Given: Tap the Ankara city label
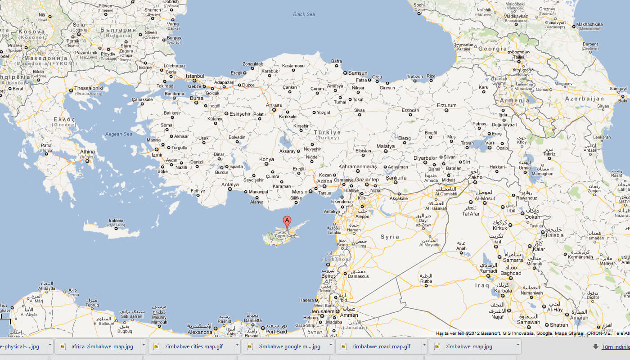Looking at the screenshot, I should (274, 105).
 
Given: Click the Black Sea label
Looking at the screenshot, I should (304, 14).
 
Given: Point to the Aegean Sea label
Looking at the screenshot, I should (118, 134).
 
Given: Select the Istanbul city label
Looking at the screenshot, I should (195, 76).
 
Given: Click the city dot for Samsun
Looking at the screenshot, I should (345, 72).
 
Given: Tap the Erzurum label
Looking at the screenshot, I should (446, 105).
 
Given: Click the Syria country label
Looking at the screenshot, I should (390, 237).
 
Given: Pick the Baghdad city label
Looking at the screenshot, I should (511, 273).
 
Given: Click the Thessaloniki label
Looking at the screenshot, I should (89, 88).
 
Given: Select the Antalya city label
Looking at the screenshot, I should (230, 184).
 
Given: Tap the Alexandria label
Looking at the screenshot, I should (199, 332).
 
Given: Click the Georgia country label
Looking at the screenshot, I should (493, 49).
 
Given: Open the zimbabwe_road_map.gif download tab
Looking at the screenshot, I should (381, 346).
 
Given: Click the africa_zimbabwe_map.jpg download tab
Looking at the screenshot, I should (102, 346).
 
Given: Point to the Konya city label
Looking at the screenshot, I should (266, 159).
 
